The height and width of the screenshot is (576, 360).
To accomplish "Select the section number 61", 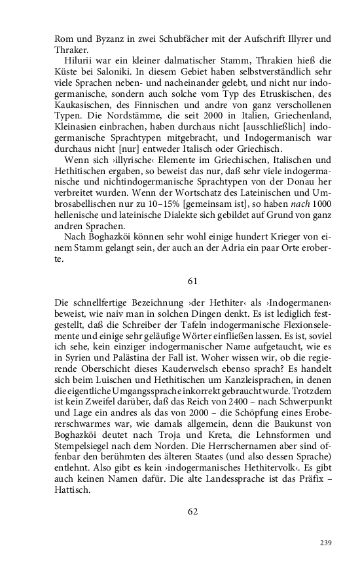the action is pyautogui.click(x=192, y=281).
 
